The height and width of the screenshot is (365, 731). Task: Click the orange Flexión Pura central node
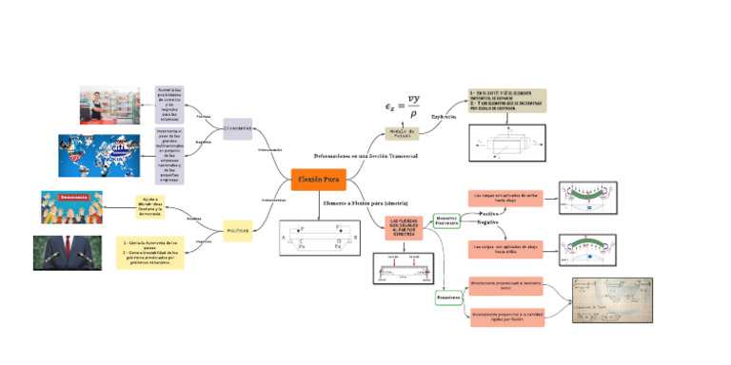tap(318, 179)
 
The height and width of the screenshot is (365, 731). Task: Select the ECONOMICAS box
tap(238, 128)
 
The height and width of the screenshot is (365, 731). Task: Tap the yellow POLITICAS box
tap(238, 230)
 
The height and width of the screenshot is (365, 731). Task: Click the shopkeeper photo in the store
tap(109, 106)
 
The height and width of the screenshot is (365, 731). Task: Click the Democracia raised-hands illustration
tap(71, 206)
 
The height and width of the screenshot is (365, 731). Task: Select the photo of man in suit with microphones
tap(67, 253)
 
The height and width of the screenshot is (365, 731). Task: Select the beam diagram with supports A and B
tap(318, 238)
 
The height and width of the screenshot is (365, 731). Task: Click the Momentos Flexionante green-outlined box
tap(446, 220)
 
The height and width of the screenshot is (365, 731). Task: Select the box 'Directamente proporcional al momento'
tap(506, 285)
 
